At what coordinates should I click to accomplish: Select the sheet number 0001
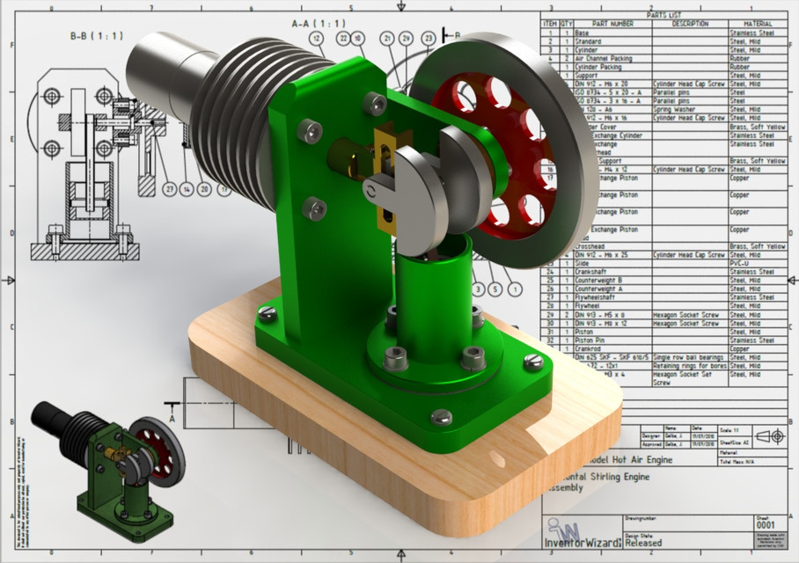pyautogui.click(x=766, y=525)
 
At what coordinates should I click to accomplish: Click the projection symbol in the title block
pyautogui.click(x=768, y=435)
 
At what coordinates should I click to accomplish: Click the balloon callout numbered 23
pyautogui.click(x=428, y=38)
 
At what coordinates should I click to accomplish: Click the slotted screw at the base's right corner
pyautogui.click(x=533, y=361)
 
